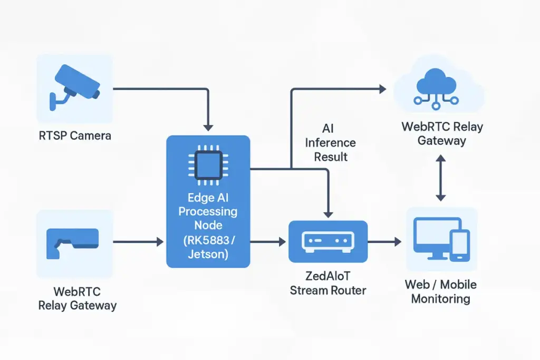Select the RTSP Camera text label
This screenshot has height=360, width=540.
pyautogui.click(x=75, y=135)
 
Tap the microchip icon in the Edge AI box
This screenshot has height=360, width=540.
pyautogui.click(x=208, y=163)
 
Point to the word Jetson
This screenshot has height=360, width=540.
pyautogui.click(x=208, y=254)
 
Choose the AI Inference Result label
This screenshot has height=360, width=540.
pyautogui.click(x=331, y=142)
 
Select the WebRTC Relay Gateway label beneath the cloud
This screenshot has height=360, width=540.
pyautogui.click(x=442, y=133)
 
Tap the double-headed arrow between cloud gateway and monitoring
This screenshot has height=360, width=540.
pyautogui.click(x=441, y=178)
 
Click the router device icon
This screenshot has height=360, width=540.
pyautogui.click(x=328, y=241)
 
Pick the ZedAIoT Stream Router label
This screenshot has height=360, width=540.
pyautogui.click(x=328, y=284)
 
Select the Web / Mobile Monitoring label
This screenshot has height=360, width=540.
pyautogui.click(x=440, y=291)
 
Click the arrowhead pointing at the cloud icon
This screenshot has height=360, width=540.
pyautogui.click(x=382, y=89)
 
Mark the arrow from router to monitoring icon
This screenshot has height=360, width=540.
pyautogui.click(x=384, y=241)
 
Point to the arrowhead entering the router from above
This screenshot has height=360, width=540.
pyautogui.click(x=328, y=213)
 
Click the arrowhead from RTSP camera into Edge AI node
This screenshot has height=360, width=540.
pyautogui.click(x=208, y=127)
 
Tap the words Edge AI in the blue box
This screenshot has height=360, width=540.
pyautogui.click(x=208, y=198)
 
